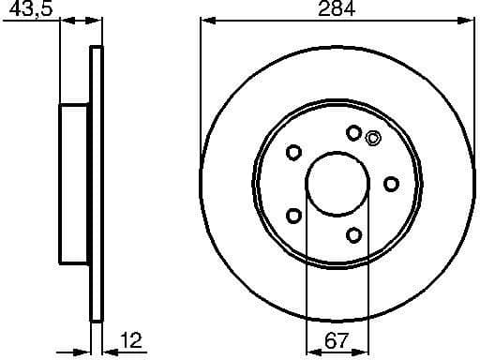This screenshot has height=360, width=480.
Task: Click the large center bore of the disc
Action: click(335, 183)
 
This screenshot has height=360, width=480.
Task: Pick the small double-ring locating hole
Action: click(372, 139)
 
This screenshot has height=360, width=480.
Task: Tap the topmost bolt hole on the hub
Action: click(353, 133)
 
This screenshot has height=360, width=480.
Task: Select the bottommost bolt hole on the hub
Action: click(353, 233)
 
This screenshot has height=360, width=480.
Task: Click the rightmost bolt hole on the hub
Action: click(392, 184)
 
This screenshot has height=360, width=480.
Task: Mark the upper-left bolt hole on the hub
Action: click(293, 152)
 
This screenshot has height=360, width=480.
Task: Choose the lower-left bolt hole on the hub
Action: click(293, 216)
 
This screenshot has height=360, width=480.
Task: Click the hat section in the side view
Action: click(75, 184)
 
